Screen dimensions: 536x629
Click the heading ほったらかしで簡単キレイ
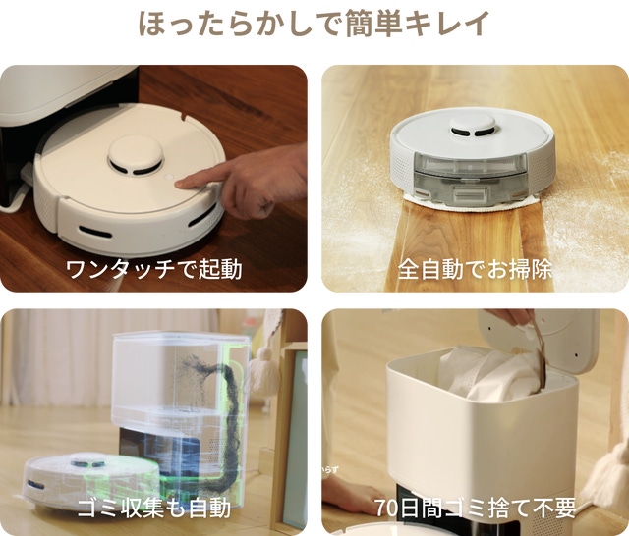(314, 25)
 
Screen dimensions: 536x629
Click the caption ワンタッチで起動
(153, 268)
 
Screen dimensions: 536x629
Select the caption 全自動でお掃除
(475, 268)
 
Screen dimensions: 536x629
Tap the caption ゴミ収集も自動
(153, 509)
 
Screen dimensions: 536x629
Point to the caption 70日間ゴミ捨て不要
(475, 509)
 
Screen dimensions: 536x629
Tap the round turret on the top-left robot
(134, 154)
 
